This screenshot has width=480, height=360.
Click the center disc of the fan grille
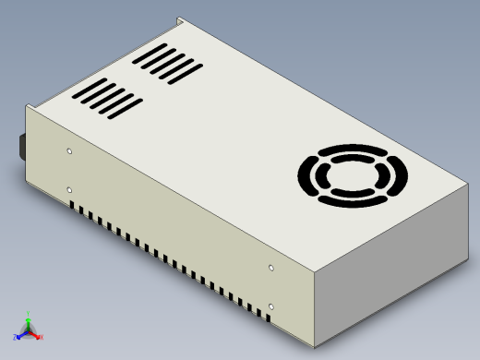pyautogui.click(x=353, y=175)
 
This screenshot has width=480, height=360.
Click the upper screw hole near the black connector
pyautogui.click(x=70, y=150)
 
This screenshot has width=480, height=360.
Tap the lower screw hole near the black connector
pyautogui.click(x=70, y=190)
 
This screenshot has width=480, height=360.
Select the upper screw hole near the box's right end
pyautogui.click(x=270, y=268)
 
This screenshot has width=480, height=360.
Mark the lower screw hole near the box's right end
pyautogui.click(x=270, y=305)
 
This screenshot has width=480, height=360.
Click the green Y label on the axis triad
pyautogui.click(x=30, y=313)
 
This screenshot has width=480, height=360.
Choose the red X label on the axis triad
pyautogui.click(x=42, y=338)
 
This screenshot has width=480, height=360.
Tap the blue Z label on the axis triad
pyautogui.click(x=16, y=338)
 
